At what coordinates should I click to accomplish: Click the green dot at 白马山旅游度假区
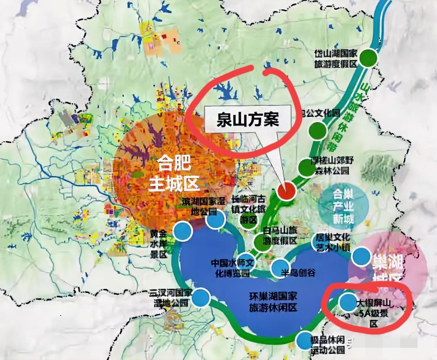[x=261, y=242]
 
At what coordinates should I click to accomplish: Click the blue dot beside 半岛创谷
[x=280, y=267]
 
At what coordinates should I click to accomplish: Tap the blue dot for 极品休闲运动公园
[x=304, y=341]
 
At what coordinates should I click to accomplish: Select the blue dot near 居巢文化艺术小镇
[x=361, y=256]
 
